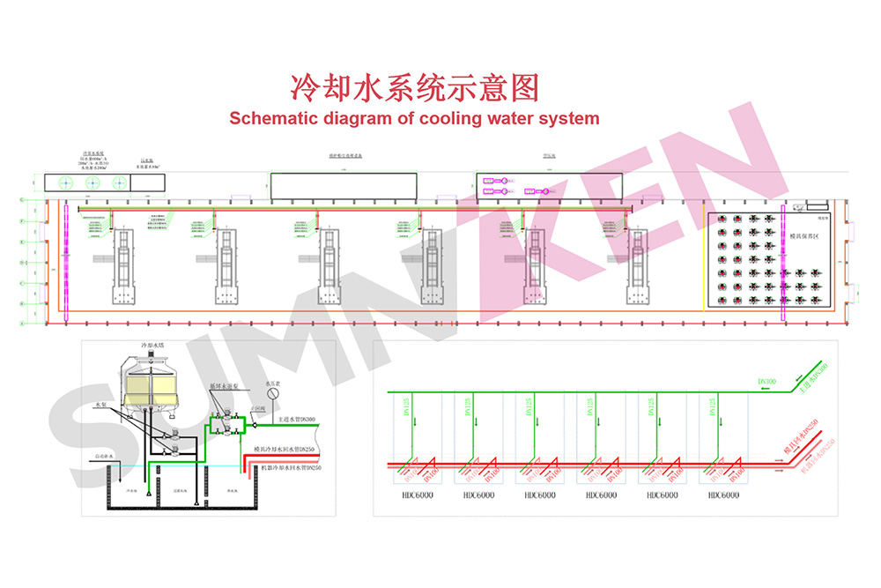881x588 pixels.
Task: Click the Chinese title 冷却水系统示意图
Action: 414,88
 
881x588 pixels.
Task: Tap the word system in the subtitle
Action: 569,118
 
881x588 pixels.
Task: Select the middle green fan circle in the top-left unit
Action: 92,182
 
